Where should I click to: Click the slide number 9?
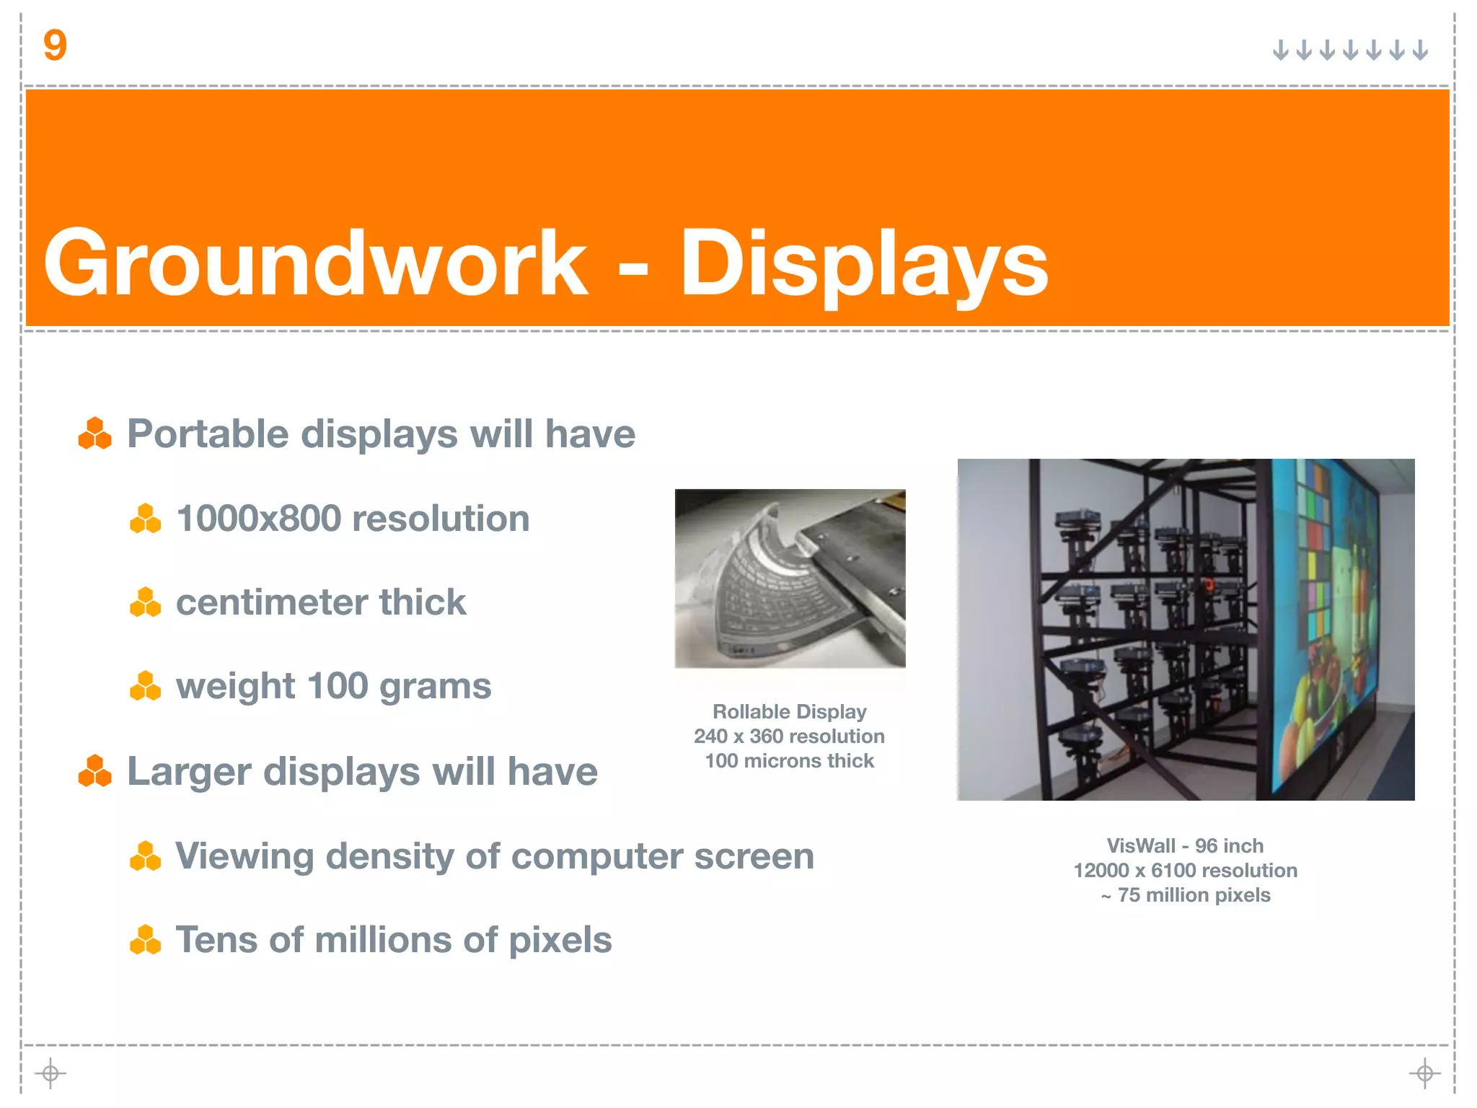(x=55, y=45)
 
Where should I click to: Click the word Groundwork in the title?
(x=316, y=263)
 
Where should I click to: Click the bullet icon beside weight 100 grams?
(x=145, y=686)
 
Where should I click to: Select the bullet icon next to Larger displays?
(x=94, y=771)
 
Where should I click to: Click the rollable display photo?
(x=790, y=578)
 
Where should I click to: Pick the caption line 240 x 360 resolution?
(x=789, y=737)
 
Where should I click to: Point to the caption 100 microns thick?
(x=789, y=761)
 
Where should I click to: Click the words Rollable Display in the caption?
(x=789, y=712)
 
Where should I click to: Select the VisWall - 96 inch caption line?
(x=1185, y=846)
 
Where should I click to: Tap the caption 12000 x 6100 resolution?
(x=1185, y=871)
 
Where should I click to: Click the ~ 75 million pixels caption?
(x=1185, y=895)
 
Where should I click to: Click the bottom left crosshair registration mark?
(x=50, y=1073)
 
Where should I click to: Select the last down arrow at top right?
(x=1420, y=50)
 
